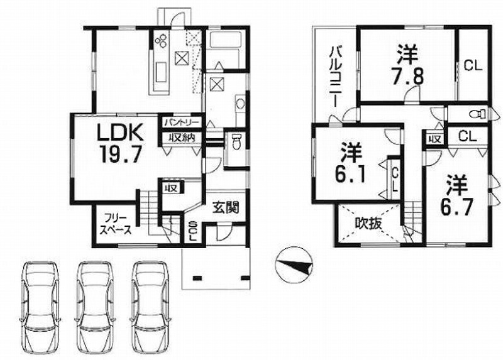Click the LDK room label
click(x=120, y=133)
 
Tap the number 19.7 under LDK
click(x=121, y=154)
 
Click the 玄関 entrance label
click(x=226, y=208)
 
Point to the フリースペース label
click(x=116, y=224)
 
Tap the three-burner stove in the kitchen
click(x=162, y=40)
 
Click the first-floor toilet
click(x=236, y=142)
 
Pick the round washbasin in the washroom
click(x=240, y=104)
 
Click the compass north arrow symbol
click(x=294, y=265)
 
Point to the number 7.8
click(x=407, y=76)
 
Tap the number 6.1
click(x=350, y=174)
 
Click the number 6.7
click(x=457, y=207)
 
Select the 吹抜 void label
click(x=368, y=224)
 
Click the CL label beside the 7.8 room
click(x=473, y=66)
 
